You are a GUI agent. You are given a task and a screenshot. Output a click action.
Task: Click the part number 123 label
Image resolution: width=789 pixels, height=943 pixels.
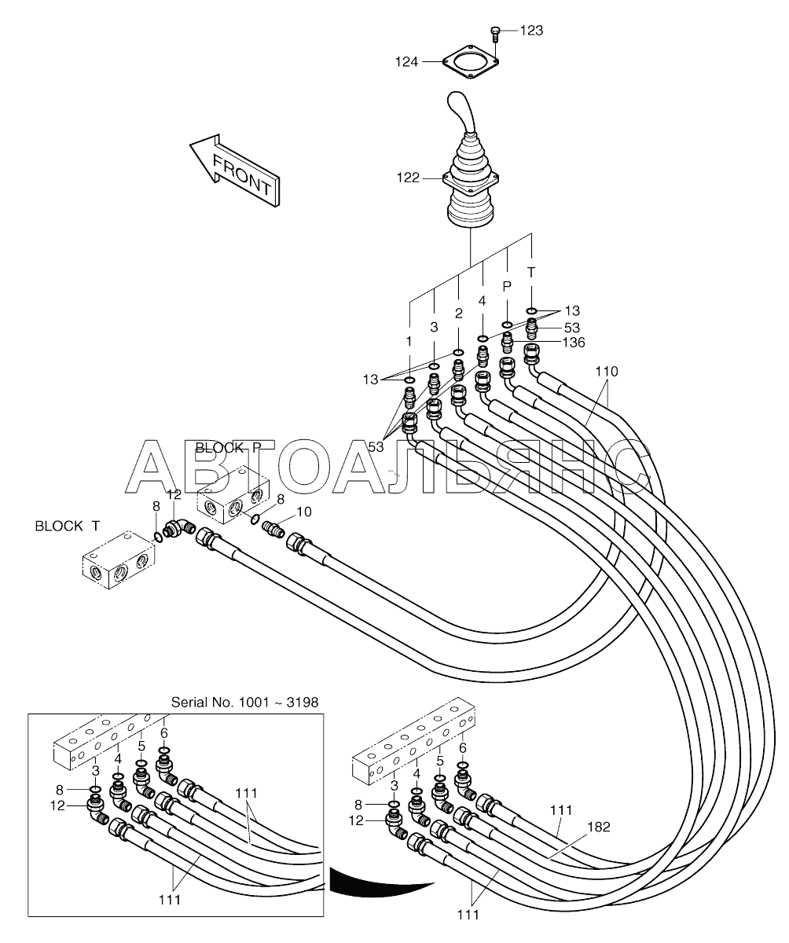pos(531,31)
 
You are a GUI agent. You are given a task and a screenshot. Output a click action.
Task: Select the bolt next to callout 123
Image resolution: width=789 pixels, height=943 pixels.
pos(494,35)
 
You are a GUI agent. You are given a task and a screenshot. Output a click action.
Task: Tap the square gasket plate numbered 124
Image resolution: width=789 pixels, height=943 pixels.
pos(470,62)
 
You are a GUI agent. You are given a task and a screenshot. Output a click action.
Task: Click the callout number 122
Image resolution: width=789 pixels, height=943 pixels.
pos(408,178)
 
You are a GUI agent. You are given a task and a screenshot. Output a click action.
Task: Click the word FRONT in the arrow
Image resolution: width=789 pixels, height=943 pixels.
pos(242,174)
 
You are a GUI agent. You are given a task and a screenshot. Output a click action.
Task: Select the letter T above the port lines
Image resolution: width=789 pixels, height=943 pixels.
pos(531,273)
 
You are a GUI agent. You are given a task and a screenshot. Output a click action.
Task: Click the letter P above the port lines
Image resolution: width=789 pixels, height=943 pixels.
pos(507,286)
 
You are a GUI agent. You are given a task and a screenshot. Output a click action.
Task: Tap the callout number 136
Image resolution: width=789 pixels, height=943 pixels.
pos(574,343)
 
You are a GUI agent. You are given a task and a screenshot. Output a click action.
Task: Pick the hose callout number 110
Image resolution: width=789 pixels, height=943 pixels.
pos(606,372)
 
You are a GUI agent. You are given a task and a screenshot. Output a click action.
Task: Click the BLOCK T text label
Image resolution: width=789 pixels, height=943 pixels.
pos(68,527)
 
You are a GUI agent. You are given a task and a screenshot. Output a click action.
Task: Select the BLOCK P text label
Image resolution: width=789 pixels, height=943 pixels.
pos(228,448)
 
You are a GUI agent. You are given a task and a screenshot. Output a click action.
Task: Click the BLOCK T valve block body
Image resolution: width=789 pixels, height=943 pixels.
pos(119,560)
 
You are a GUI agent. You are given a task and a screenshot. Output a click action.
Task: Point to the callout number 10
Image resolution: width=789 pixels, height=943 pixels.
pos(304,512)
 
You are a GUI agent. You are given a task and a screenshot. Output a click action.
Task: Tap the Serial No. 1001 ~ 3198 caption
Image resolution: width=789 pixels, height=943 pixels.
pos(244,703)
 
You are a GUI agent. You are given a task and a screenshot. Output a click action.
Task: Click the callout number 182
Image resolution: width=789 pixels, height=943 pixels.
pos(599,827)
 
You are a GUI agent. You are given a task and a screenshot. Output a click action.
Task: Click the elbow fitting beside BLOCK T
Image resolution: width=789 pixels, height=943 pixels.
pos(180,528)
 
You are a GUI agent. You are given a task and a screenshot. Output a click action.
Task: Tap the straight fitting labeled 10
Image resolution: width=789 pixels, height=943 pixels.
pos(273,528)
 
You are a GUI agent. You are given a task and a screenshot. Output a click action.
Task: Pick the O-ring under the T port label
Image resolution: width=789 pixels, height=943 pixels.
pos(531,310)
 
